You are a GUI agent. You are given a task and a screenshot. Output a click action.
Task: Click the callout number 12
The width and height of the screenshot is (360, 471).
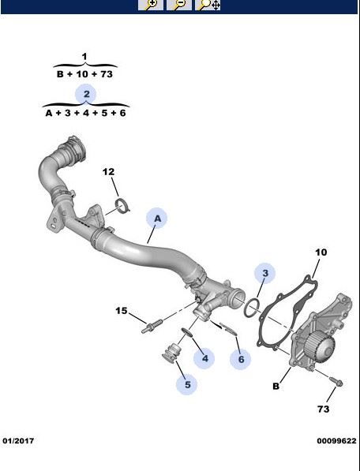(108, 172)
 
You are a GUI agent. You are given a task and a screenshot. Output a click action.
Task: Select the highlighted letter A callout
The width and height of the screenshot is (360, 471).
(157, 219)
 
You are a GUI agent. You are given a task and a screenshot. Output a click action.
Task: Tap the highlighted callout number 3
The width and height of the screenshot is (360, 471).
(264, 273)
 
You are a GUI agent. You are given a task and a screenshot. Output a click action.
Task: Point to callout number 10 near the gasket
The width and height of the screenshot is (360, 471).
(321, 252)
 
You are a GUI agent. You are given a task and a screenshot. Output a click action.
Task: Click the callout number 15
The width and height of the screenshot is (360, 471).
(122, 311)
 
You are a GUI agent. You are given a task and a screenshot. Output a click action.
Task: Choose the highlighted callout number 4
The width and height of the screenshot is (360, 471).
(204, 358)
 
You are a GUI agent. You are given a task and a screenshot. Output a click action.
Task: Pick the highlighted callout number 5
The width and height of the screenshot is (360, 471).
(187, 384)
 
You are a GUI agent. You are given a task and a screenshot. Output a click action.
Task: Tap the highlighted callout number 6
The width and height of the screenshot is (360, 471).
(241, 359)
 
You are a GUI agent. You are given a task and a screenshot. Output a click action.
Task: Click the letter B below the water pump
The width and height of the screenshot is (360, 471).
(276, 386)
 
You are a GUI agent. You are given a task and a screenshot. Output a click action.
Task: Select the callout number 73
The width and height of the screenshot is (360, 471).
(324, 409)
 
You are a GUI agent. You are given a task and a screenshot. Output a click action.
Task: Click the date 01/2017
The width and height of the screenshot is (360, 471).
(18, 441)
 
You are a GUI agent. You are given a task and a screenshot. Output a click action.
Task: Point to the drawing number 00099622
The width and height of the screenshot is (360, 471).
(336, 441)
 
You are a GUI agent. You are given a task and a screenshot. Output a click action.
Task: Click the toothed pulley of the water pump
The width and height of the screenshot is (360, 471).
(320, 346)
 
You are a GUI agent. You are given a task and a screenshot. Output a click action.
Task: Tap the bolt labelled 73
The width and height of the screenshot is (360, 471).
(336, 381)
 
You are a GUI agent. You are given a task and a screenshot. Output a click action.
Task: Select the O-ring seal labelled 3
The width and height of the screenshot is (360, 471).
(251, 307)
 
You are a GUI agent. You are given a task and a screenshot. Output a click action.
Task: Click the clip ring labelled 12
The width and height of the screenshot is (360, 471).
(122, 206)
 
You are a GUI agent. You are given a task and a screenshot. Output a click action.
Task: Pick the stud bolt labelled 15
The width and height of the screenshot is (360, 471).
(152, 326)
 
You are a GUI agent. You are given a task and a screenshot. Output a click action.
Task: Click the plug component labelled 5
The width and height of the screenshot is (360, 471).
(171, 353)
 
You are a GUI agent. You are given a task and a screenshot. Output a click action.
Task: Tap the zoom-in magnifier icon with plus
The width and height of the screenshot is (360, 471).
(151, 5)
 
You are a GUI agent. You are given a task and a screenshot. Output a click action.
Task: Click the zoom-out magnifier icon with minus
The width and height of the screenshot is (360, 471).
(179, 5)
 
